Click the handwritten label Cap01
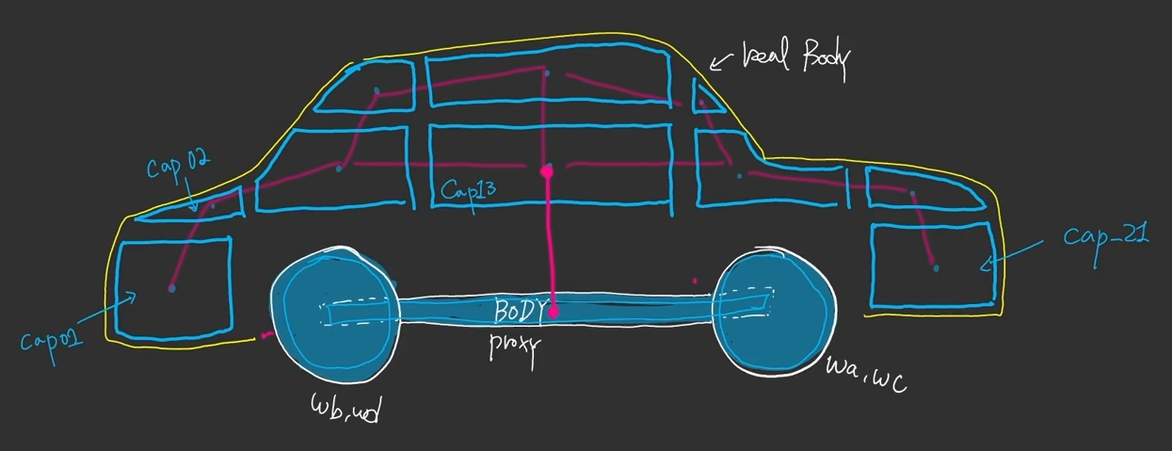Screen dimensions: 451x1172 point(52,333)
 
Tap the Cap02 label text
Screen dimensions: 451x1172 point(178,168)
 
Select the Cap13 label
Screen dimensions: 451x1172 point(468,192)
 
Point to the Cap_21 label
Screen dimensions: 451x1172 point(1106,236)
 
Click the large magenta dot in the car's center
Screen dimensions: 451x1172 point(546,172)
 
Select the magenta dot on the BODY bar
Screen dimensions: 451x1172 point(554,310)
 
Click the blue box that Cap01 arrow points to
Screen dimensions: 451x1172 point(173,287)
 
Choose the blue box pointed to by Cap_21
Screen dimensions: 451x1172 point(932,265)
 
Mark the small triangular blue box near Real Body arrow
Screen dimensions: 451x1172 point(707,98)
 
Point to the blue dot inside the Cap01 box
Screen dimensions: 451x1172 point(171,288)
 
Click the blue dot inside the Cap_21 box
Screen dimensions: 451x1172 point(936,269)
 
